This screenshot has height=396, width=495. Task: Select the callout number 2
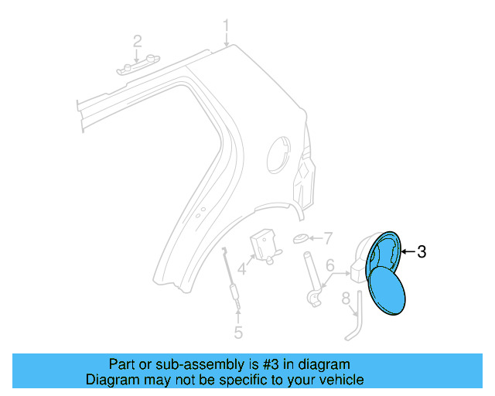pos(137,41)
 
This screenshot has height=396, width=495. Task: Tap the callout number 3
pos(422,251)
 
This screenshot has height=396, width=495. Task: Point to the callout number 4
pos(242,269)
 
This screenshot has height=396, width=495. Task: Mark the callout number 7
pos(327,237)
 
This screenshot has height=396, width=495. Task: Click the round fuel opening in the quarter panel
pos(278,154)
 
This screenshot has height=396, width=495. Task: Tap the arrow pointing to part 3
pos(407,251)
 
